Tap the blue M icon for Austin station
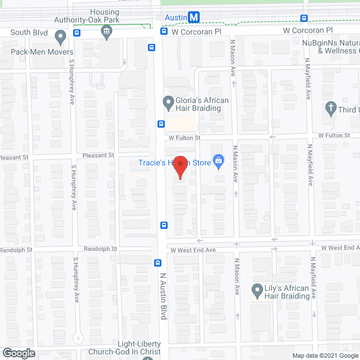[x=193, y=17]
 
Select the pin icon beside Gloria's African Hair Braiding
[x=168, y=103]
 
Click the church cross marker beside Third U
[x=332, y=107]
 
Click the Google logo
[x=18, y=353]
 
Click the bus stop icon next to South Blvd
[x=77, y=32]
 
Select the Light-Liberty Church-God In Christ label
[x=139, y=348]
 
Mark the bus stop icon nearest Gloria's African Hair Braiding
[x=161, y=124]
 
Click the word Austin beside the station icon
[x=175, y=18]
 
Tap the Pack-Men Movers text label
[x=38, y=51]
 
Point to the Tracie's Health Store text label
[x=174, y=163]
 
